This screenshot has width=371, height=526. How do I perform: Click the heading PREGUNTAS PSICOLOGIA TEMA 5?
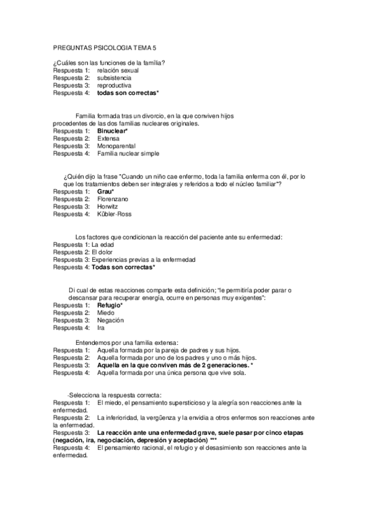pos(105,48)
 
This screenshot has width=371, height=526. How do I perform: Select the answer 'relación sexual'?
pos(118,71)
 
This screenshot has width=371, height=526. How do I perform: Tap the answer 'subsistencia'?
pos(115,78)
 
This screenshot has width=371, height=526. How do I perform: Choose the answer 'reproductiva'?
pos(115,86)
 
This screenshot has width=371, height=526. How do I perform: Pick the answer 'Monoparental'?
pos(116,146)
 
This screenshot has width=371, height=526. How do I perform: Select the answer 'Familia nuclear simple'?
pos(128,153)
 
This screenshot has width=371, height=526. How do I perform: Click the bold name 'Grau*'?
pos(105,191)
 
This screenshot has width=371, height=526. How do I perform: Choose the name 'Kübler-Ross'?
pos(115,214)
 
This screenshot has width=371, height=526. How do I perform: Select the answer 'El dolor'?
pos(103,252)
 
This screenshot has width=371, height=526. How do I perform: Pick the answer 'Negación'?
pos(111,320)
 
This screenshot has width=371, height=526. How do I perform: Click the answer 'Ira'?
pos(101,328)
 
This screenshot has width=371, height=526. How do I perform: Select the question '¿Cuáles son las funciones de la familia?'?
pos(108,63)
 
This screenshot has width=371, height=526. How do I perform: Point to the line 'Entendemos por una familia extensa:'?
pos(126,342)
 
